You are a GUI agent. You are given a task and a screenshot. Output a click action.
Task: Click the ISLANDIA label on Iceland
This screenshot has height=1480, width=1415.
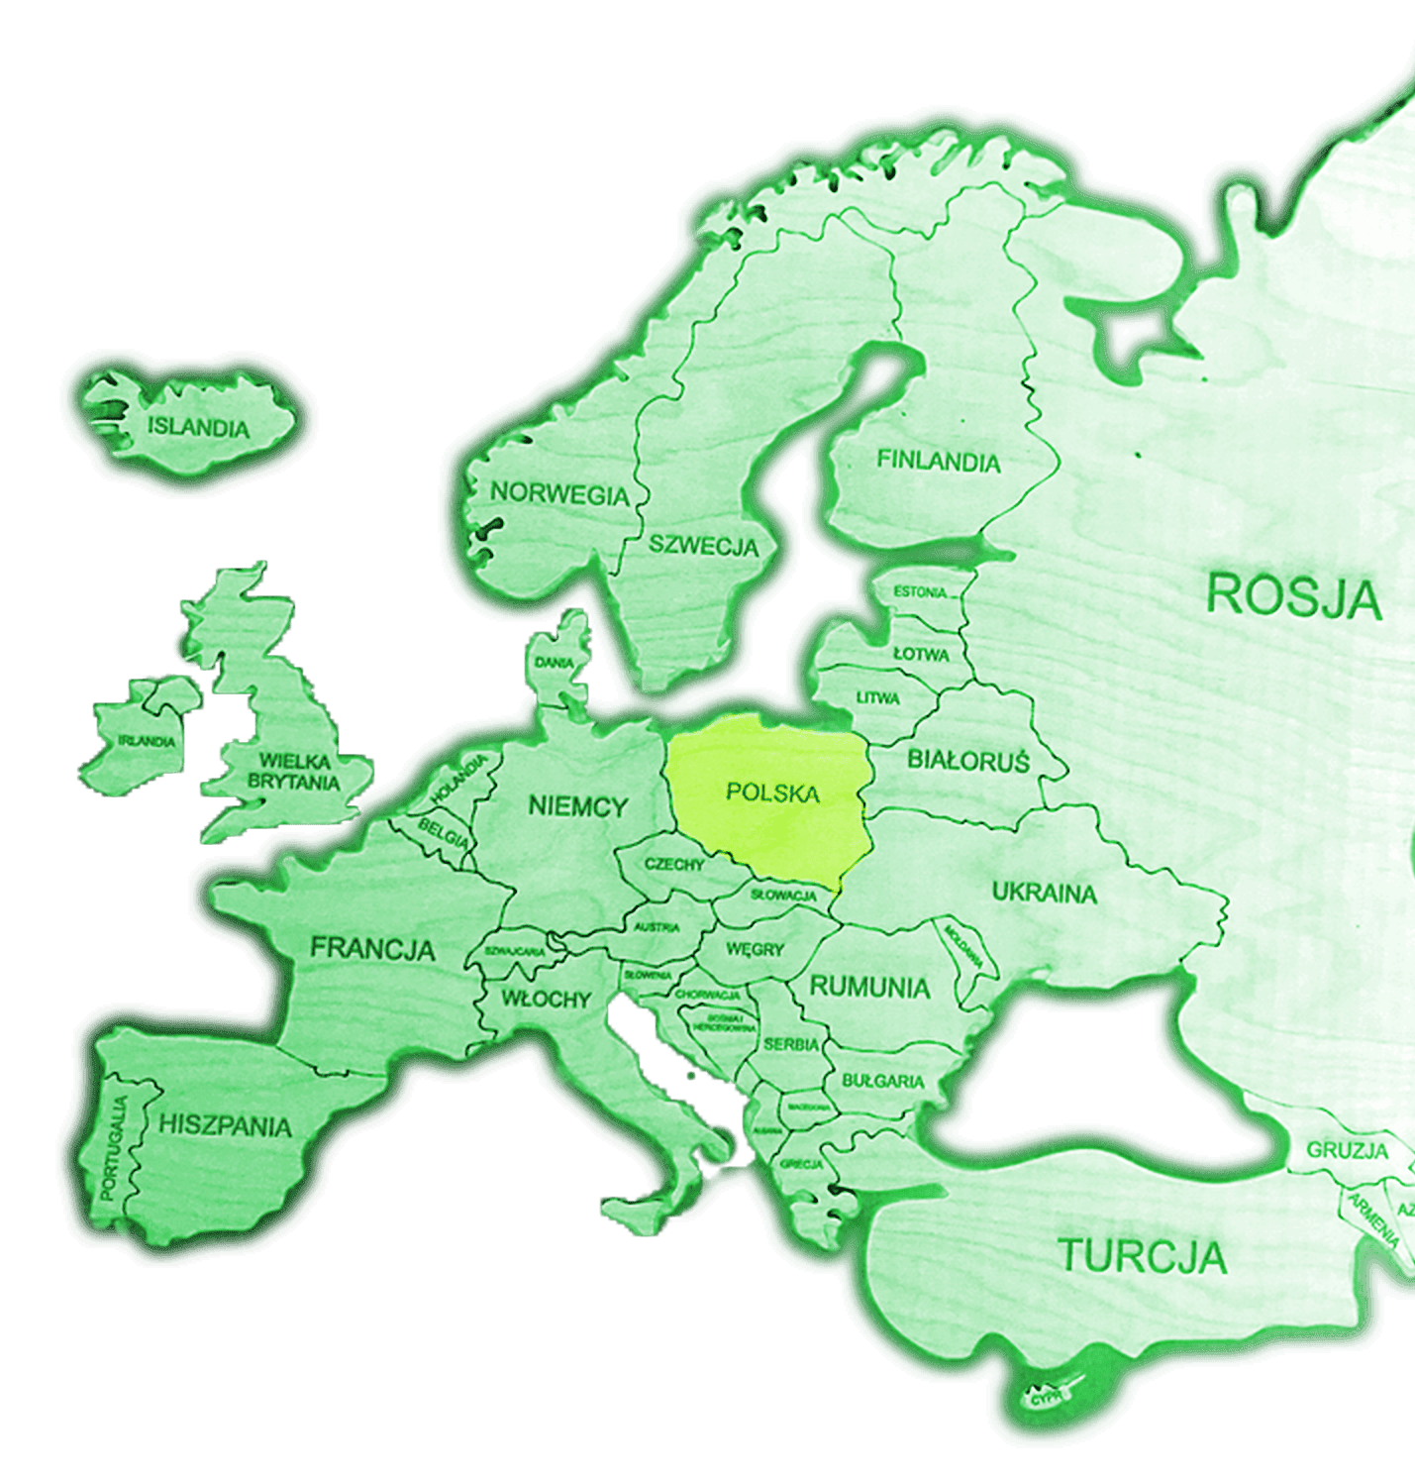coord(198,428)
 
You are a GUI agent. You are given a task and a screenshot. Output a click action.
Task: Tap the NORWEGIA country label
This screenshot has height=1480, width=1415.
coord(558,493)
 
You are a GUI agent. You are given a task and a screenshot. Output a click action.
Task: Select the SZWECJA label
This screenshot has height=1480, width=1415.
coord(703,545)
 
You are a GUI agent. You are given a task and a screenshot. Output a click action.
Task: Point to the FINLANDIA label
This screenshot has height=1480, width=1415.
coord(938,461)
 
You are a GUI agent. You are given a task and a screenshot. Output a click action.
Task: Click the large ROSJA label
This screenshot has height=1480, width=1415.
coord(1292,596)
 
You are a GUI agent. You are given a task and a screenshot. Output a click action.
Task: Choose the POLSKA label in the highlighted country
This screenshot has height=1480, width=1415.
coord(772,793)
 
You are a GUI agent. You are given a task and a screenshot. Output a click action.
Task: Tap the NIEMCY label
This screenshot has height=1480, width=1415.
coord(577,806)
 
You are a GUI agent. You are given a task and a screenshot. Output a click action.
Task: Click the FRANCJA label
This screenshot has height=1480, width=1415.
coord(372,948)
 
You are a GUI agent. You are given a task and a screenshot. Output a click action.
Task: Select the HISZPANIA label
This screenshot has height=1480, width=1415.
coord(225,1125)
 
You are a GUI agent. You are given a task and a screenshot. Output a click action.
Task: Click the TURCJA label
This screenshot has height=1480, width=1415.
coord(1143,1256)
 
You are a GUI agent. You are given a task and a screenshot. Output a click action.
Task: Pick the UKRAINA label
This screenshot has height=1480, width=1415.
coord(1044,893)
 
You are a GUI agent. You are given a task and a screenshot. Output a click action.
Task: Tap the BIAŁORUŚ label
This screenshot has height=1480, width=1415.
coord(967,761)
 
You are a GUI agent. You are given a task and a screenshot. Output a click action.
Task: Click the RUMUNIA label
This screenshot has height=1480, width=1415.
coord(869,987)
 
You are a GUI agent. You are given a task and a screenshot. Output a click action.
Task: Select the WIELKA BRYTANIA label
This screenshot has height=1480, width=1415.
coord(293,772)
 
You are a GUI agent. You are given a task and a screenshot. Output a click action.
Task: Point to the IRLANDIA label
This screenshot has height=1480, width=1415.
coord(147,741)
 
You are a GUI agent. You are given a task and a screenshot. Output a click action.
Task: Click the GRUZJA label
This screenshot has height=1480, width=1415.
coord(1347,1150)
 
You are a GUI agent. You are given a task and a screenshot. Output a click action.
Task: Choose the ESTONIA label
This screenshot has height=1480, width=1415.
coord(919,592)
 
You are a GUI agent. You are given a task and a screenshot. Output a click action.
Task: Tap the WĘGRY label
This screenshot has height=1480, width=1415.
coord(755,949)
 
